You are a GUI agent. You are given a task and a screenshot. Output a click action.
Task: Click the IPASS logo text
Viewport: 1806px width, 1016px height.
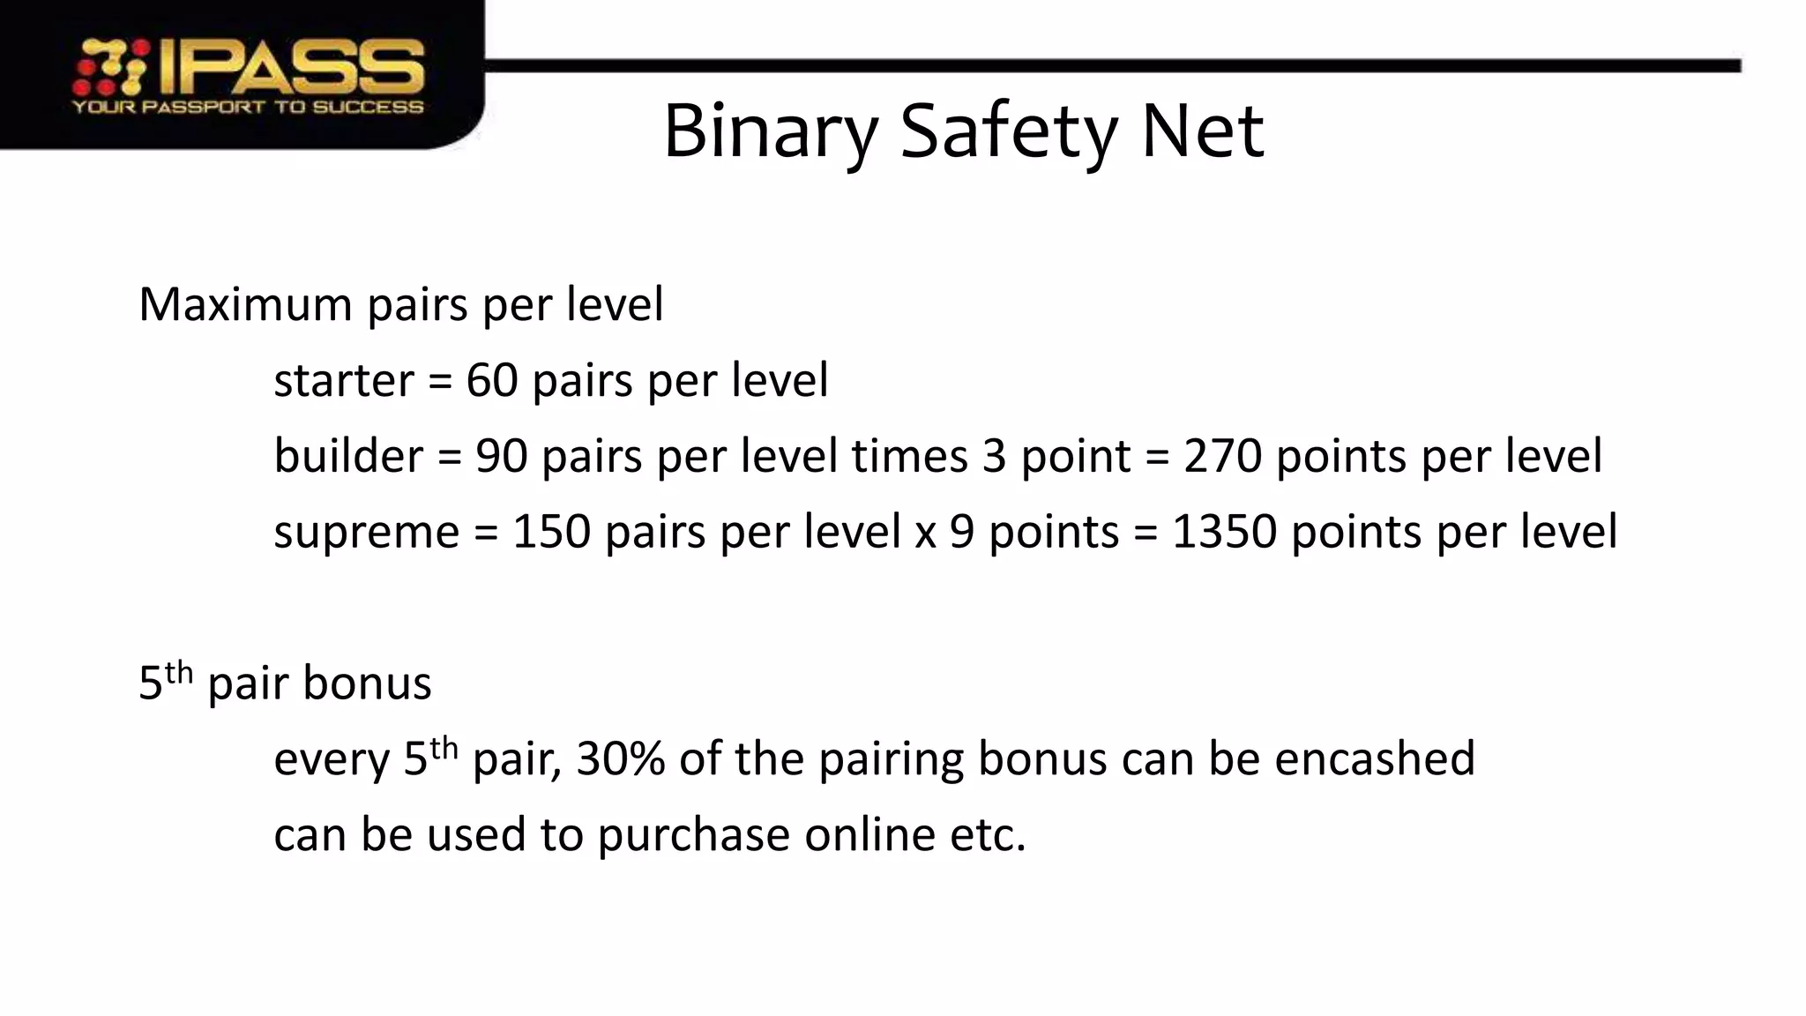coord(292,67)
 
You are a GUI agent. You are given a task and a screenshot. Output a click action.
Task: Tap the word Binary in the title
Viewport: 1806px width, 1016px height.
coord(771,132)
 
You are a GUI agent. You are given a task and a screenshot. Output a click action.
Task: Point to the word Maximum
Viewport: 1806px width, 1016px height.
coord(246,304)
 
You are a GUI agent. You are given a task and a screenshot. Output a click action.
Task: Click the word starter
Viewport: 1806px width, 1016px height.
coord(343,380)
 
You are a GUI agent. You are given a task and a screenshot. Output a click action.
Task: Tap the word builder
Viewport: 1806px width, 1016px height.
coord(348,456)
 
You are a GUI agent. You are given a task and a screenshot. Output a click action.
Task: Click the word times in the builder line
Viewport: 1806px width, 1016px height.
coord(909,456)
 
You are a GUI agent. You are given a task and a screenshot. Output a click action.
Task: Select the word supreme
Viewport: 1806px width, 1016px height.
coord(366,532)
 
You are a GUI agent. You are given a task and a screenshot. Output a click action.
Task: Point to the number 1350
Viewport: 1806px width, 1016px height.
coord(1224,532)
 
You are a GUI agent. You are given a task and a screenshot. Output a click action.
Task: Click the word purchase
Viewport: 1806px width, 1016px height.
coord(693,835)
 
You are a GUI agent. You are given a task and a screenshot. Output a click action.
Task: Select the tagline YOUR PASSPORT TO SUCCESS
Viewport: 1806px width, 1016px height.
coord(247,108)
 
